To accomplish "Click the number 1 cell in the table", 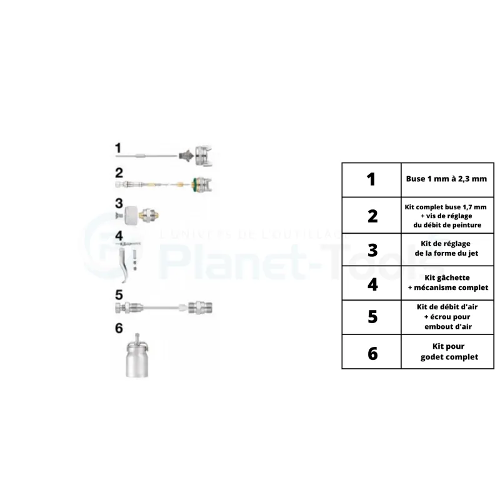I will pyautogui.click(x=372, y=180).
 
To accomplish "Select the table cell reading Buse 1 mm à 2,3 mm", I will pyautogui.click(x=446, y=180).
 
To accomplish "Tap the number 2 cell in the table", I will pyautogui.click(x=372, y=216).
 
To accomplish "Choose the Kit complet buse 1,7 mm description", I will pyautogui.click(x=446, y=216).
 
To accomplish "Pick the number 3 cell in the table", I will pyautogui.click(x=372, y=250).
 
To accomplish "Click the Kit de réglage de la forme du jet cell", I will pyautogui.click(x=446, y=250).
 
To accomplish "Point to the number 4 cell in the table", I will pyautogui.click(x=372, y=283).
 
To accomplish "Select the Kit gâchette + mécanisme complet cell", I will pyautogui.click(x=446, y=283).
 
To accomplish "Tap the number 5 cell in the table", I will pyautogui.click(x=372, y=317).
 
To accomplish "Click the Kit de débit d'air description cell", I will pyautogui.click(x=446, y=317).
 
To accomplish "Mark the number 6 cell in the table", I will pyautogui.click(x=372, y=352).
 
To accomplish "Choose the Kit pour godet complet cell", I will pyautogui.click(x=446, y=352).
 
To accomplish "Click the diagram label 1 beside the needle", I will pyautogui.click(x=118, y=148).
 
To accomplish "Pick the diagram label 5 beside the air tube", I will pyautogui.click(x=118, y=295).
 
